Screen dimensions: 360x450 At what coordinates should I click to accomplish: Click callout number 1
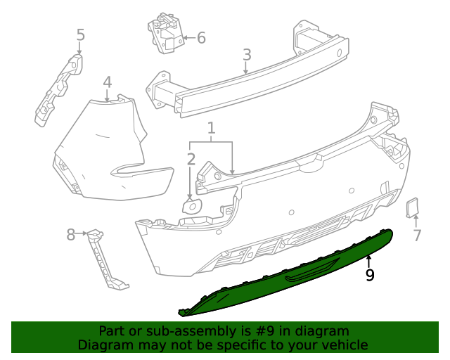tap(211, 128)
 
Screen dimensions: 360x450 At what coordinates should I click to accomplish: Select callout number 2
tap(191, 160)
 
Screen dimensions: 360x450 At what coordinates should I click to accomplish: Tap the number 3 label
tap(247, 55)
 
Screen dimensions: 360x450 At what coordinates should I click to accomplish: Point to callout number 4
tap(107, 82)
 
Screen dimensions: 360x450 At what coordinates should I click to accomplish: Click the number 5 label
tap(80, 34)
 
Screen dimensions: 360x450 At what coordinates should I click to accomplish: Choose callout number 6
tap(201, 37)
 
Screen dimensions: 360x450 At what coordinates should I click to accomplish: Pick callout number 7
tap(417, 236)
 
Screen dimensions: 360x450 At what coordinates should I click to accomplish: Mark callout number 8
tap(70, 234)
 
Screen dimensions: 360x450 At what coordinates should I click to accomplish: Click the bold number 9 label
tap(370, 275)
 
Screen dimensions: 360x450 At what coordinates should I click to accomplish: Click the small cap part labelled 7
tap(412, 207)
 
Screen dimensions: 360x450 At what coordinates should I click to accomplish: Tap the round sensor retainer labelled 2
tap(191, 206)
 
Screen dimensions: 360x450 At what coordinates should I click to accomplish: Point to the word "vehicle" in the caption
tap(343, 345)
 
